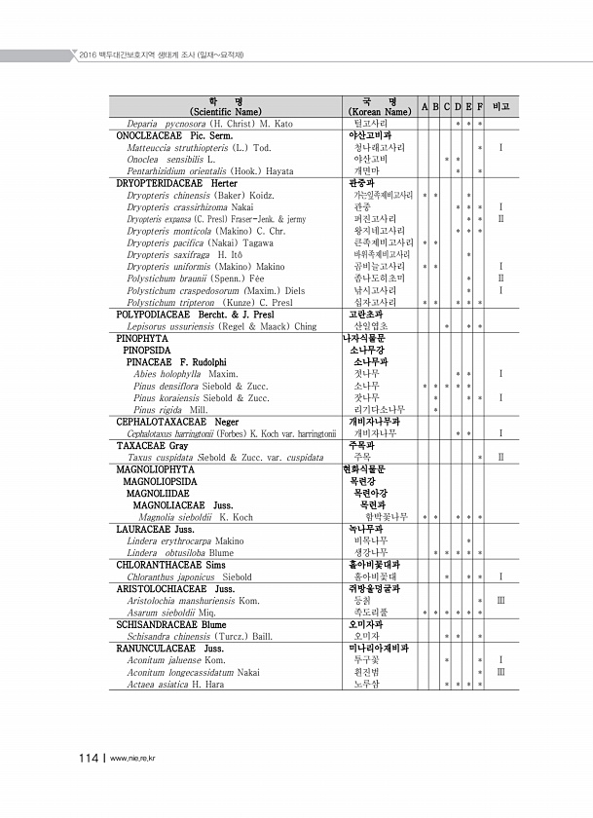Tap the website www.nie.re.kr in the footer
click(x=135, y=759)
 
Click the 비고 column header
click(x=500, y=105)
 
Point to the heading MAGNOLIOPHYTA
click(x=155, y=469)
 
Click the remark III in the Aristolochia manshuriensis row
click(x=500, y=601)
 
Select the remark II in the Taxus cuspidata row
click(x=500, y=457)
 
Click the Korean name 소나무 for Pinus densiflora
click(x=366, y=386)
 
